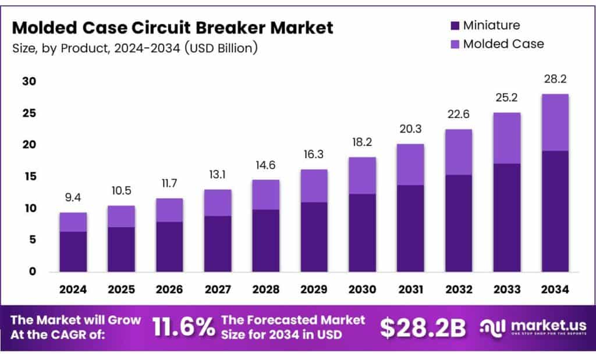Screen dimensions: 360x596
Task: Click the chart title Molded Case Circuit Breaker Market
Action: (x=173, y=27)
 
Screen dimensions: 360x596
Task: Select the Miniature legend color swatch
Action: (x=455, y=26)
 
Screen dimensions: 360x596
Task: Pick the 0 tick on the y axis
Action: (x=32, y=271)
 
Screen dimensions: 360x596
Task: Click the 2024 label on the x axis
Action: (x=73, y=288)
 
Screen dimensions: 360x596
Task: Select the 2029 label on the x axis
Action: (x=314, y=288)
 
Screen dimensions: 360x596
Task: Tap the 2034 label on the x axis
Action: (x=555, y=288)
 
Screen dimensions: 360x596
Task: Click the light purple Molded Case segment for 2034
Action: (x=555, y=122)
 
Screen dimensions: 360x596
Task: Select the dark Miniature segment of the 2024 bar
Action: (x=73, y=251)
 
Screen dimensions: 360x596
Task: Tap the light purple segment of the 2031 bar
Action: (x=410, y=165)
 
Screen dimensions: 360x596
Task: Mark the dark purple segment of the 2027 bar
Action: (x=218, y=244)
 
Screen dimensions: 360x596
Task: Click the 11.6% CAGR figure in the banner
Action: (x=183, y=327)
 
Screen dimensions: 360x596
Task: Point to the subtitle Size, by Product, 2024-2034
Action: (x=134, y=48)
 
